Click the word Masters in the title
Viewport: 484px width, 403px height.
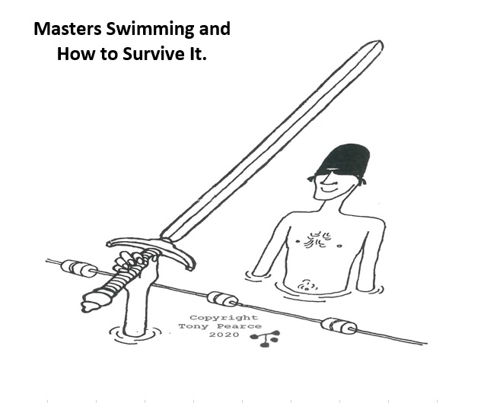point(67,29)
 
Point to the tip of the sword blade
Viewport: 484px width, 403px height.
point(381,43)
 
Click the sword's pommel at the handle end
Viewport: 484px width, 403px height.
point(91,302)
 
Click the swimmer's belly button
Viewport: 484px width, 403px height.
point(306,286)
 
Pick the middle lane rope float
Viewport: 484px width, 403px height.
point(222,299)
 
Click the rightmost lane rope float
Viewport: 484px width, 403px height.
point(339,326)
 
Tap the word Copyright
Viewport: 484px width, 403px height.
point(224,318)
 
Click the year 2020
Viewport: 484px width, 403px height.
point(224,335)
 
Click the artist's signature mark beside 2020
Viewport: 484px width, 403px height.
point(266,338)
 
